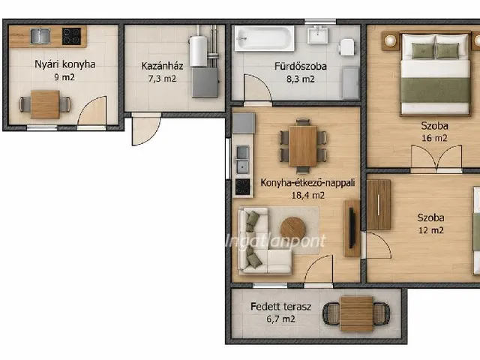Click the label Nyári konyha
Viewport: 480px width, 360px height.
[65, 64]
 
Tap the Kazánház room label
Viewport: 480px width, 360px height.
[162, 66]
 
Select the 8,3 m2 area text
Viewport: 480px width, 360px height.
[300, 79]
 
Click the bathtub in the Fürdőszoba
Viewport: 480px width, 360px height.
[265, 38]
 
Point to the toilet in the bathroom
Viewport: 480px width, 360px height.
[346, 47]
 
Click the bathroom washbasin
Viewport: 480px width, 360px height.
[318, 34]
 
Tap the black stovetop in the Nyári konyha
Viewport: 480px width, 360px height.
[72, 37]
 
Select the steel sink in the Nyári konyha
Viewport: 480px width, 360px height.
[40, 36]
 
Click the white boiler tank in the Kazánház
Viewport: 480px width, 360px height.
[198, 51]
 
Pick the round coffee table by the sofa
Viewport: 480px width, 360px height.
[293, 228]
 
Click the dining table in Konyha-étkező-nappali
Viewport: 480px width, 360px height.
[303, 146]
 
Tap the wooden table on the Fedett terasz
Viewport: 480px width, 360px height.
[357, 313]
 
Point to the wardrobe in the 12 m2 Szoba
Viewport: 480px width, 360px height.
[379, 205]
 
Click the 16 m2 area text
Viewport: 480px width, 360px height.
[434, 138]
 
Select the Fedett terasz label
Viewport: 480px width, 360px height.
[280, 307]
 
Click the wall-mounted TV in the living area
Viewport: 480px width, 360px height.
[352, 228]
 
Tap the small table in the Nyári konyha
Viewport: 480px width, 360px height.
[45, 104]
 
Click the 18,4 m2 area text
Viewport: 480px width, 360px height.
[308, 195]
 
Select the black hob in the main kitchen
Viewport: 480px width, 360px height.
[242, 187]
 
